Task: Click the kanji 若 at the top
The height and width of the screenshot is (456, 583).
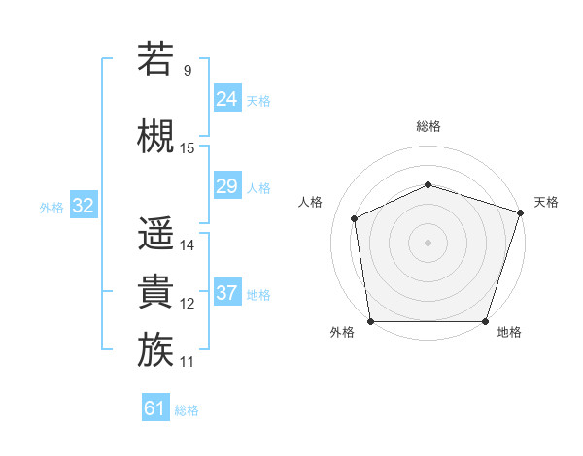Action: tap(155, 59)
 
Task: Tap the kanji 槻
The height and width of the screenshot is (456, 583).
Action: tap(155, 136)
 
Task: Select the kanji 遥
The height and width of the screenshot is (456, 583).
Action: tap(155, 234)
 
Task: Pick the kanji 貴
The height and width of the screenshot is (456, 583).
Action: tap(155, 292)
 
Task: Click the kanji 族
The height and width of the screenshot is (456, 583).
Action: tap(155, 350)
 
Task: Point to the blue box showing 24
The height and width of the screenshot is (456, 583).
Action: tap(227, 99)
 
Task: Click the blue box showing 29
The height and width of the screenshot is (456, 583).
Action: tap(227, 186)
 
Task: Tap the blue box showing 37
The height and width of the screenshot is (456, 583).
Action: tap(227, 293)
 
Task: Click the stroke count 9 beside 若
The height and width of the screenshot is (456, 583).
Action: tap(187, 71)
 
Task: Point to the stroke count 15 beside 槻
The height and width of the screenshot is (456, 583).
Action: tap(188, 148)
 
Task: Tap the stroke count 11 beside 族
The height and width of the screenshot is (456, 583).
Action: tap(188, 362)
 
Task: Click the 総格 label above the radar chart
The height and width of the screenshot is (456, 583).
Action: tap(428, 126)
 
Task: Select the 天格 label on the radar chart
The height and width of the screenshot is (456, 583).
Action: tap(546, 202)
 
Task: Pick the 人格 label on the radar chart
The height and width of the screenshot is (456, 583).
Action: tap(311, 202)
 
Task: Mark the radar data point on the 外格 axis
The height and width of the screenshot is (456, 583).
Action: tap(370, 321)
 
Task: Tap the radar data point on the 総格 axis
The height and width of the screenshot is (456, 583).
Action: tap(428, 184)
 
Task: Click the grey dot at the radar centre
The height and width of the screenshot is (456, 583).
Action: tap(428, 243)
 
